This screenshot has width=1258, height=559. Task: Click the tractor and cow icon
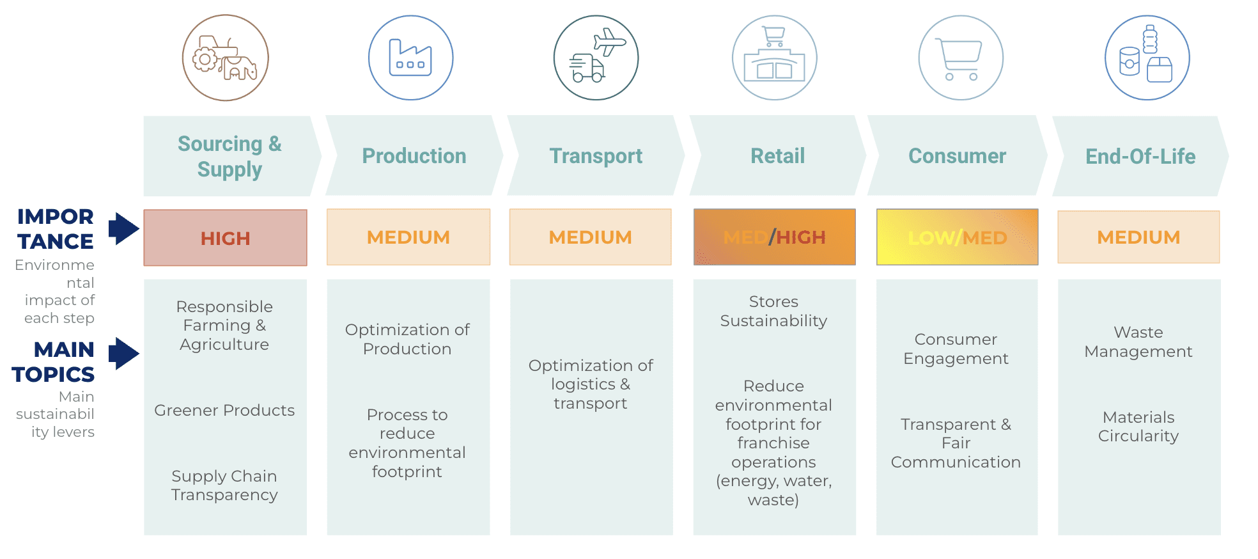(x=225, y=58)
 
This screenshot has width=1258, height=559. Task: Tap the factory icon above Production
(x=410, y=58)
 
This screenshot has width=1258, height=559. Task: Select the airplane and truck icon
(x=596, y=58)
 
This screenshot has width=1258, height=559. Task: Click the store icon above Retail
(x=774, y=58)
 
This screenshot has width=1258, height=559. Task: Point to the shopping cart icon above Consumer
(x=960, y=58)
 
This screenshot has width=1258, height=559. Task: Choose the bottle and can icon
(x=1147, y=58)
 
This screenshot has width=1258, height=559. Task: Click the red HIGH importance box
(x=225, y=238)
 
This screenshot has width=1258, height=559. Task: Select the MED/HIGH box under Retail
(x=774, y=237)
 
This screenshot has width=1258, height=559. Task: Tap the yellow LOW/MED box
(x=957, y=237)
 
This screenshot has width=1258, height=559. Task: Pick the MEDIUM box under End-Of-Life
(x=1138, y=237)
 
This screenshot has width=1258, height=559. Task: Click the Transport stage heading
(x=596, y=156)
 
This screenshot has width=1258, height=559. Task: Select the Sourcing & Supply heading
(x=229, y=156)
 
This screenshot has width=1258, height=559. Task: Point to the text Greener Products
(x=224, y=411)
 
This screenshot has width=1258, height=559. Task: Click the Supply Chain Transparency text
(x=224, y=485)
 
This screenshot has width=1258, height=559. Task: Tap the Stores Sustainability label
(x=773, y=311)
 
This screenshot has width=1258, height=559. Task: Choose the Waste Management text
(x=1138, y=342)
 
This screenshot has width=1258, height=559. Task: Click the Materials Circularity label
(x=1138, y=427)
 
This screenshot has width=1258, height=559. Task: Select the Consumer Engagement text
(x=956, y=349)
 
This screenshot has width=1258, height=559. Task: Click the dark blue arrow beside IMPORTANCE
(x=123, y=228)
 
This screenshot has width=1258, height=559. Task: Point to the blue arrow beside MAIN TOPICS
(x=123, y=353)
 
